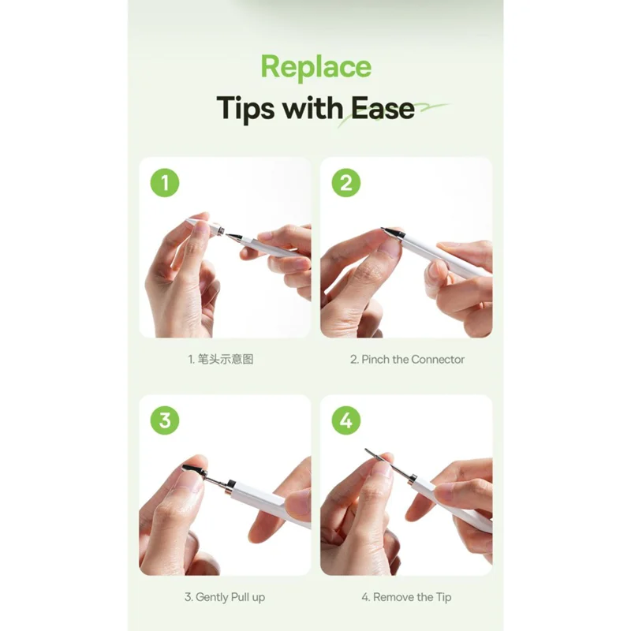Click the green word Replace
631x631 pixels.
316,68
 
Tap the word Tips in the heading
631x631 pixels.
245,109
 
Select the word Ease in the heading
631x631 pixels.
383,108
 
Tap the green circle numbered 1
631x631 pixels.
165,183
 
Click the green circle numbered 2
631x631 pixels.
346,183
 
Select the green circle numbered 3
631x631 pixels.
165,420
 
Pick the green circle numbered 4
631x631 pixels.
346,420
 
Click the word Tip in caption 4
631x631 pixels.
443,597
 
